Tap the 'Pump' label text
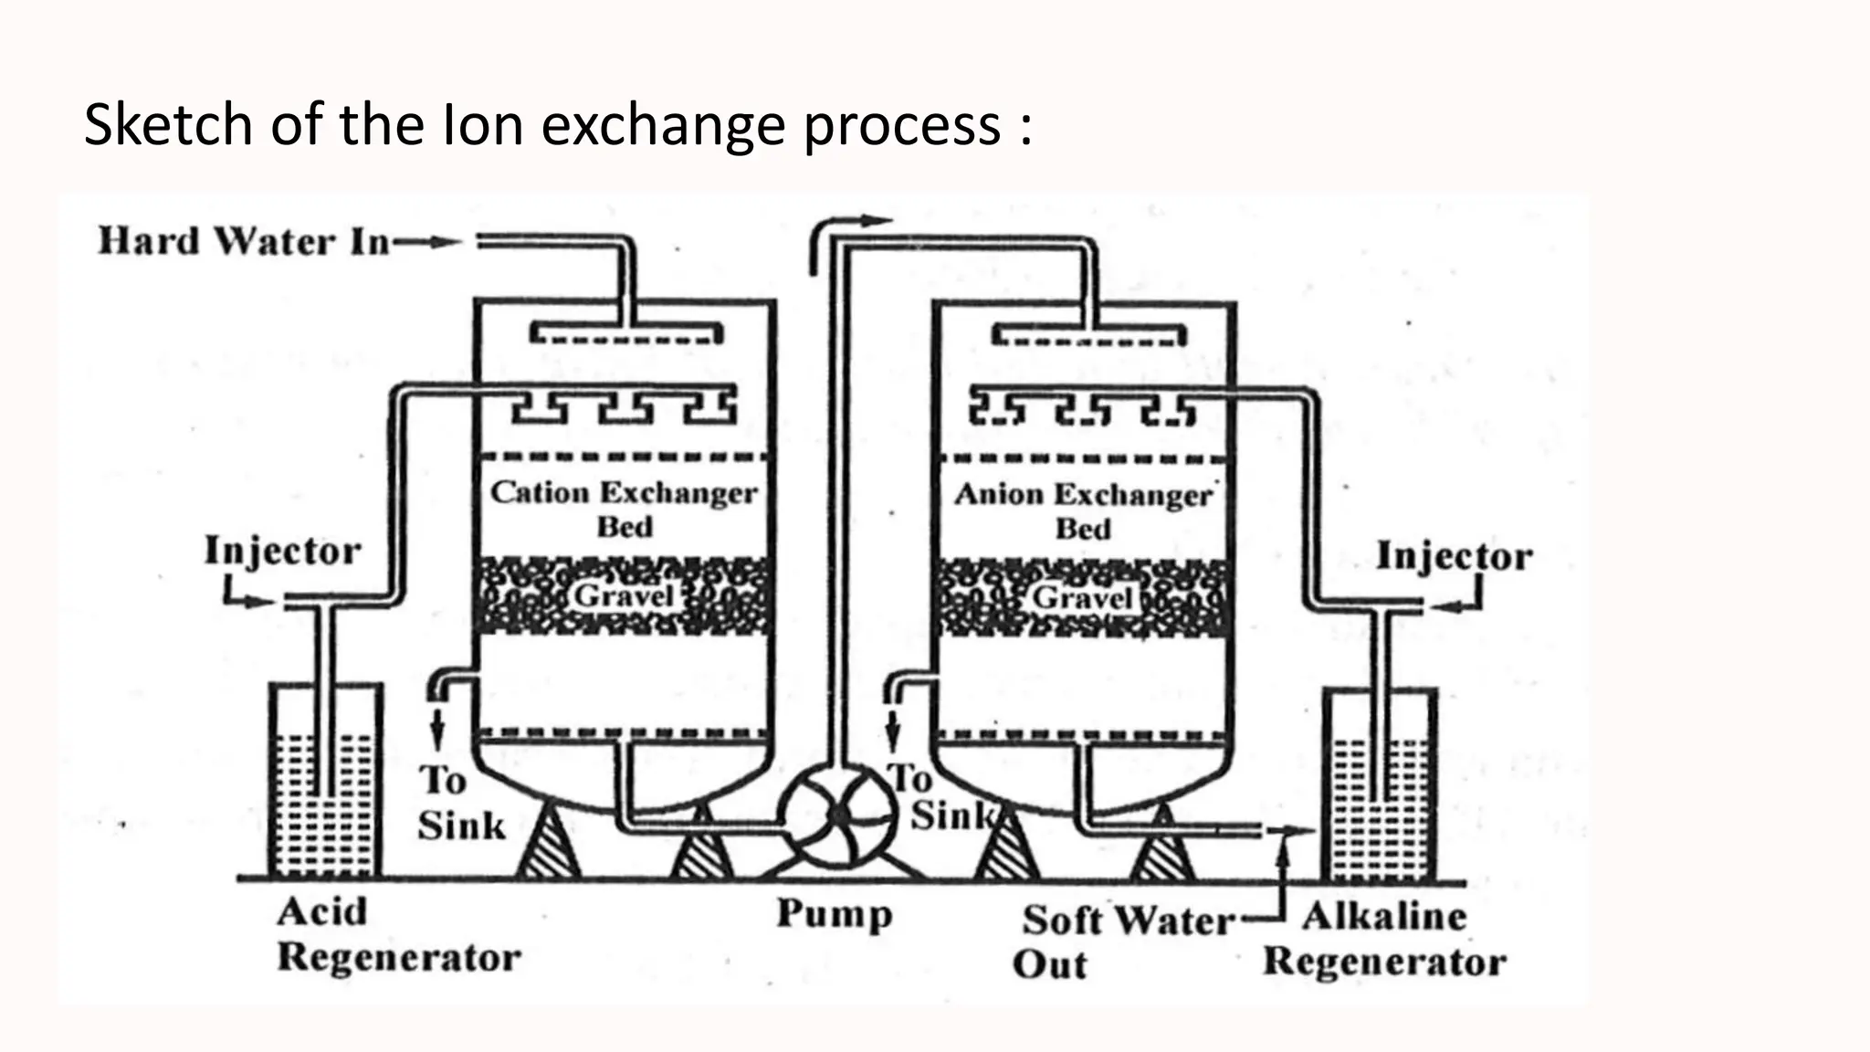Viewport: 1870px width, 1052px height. coord(835,914)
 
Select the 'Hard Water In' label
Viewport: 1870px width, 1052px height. coord(244,242)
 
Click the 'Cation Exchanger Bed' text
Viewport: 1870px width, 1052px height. coord(625,509)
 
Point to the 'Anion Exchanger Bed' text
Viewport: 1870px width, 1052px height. coord(1084,510)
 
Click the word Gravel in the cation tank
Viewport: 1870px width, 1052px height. coord(624,596)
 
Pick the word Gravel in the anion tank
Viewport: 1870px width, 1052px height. coord(1083,598)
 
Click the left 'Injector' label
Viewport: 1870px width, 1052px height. coord(282,552)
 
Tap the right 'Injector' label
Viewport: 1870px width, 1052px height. coord(1454,556)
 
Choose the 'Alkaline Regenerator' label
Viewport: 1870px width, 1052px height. coord(1384,939)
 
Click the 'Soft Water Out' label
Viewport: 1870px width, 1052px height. coord(1125,941)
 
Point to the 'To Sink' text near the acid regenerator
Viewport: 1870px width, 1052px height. coord(460,803)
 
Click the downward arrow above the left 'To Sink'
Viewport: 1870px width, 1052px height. coord(437,728)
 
